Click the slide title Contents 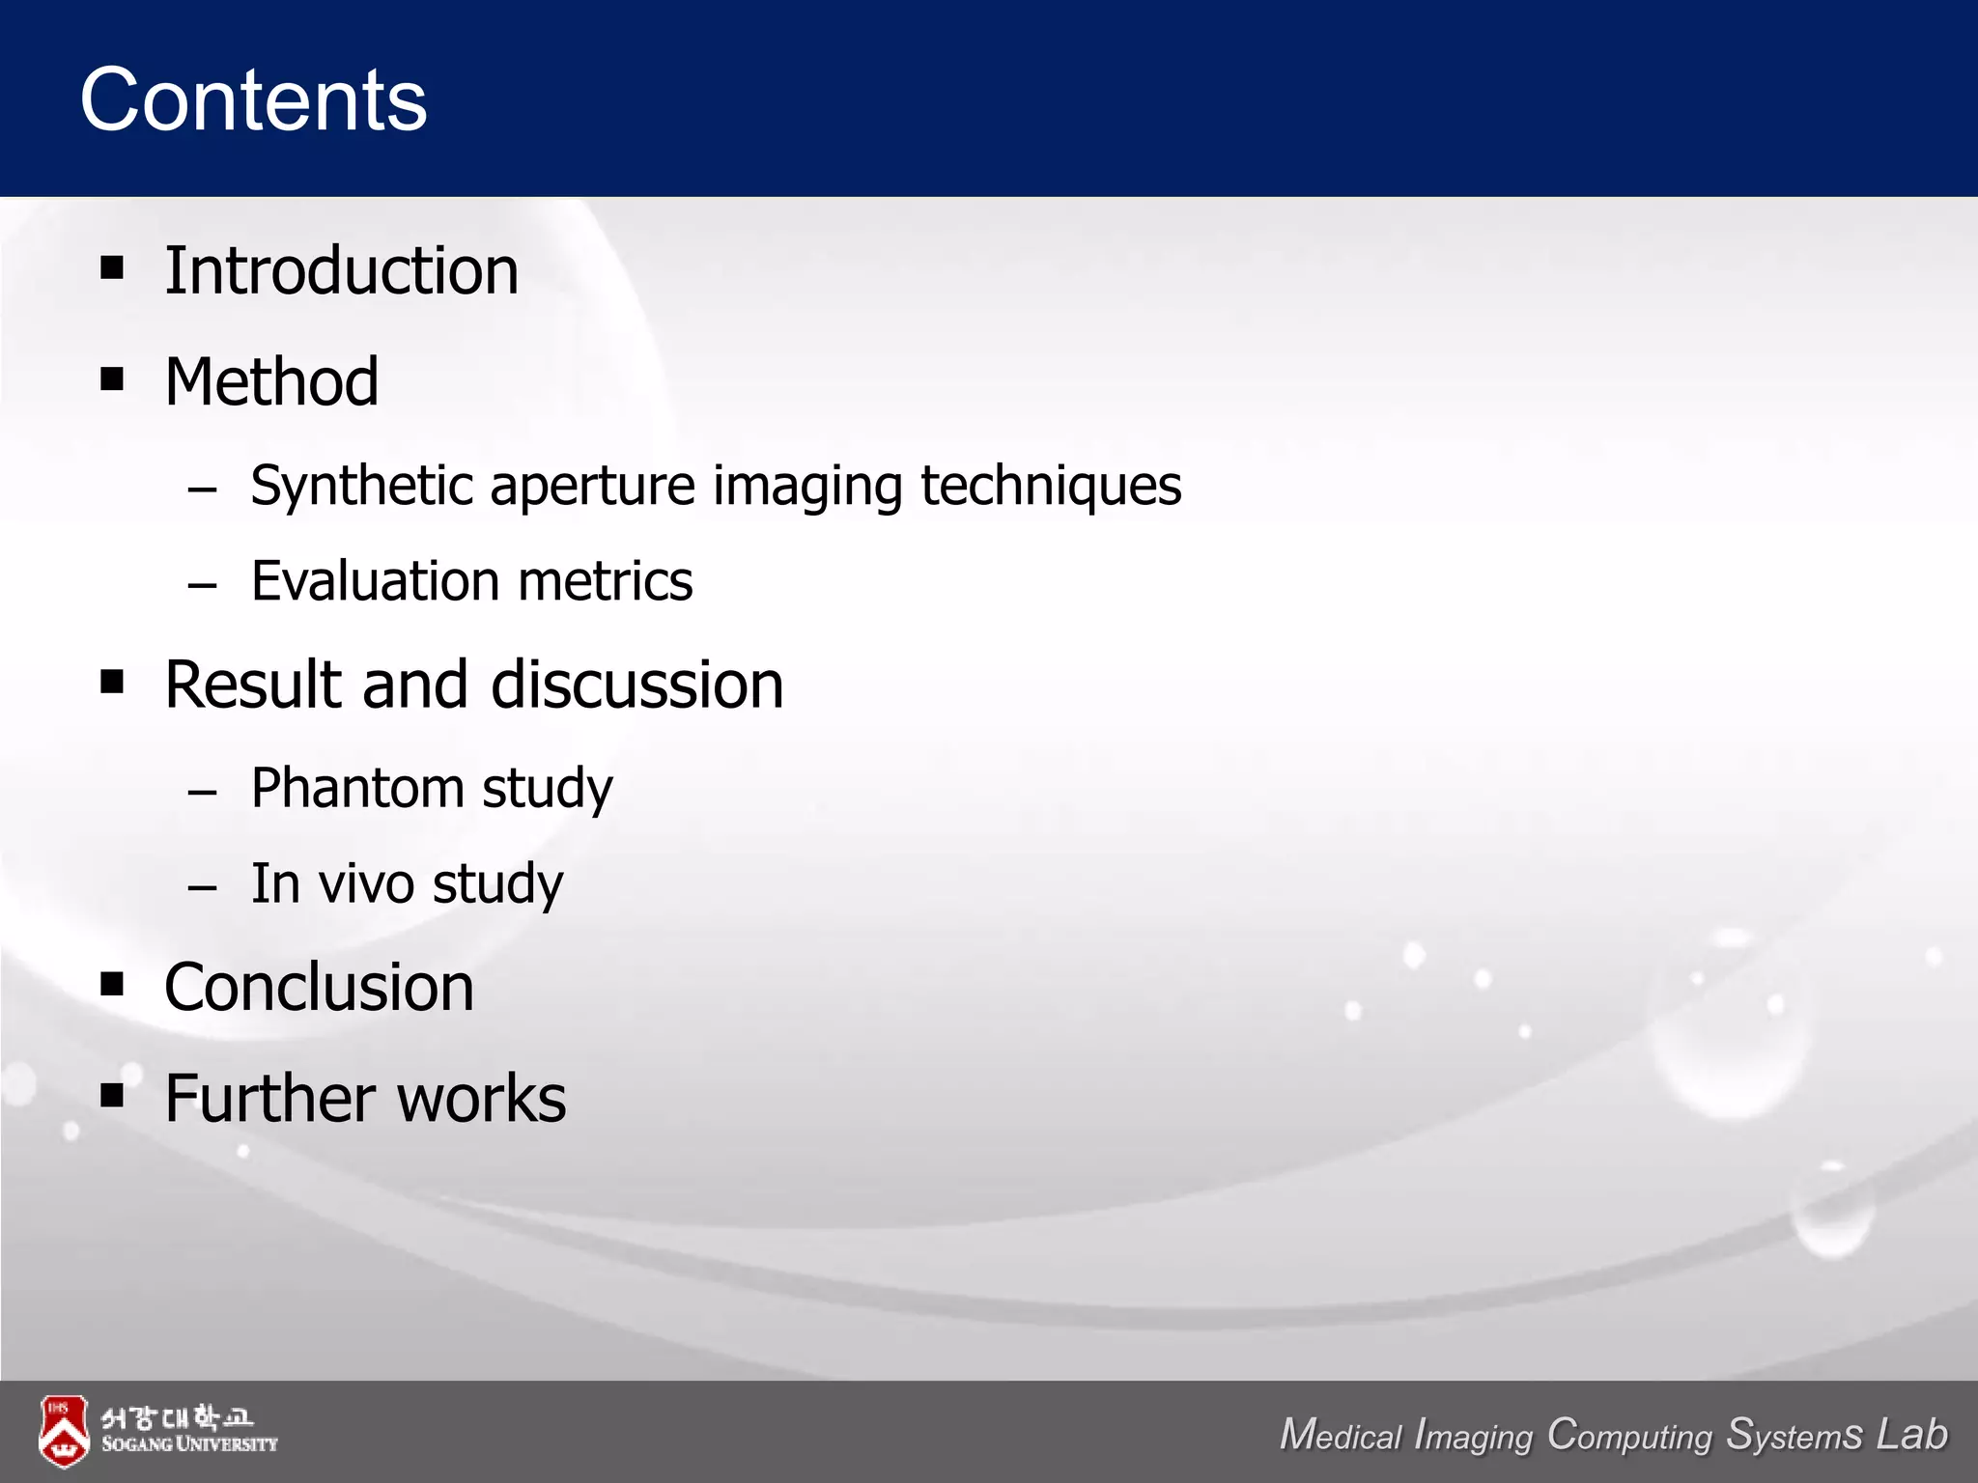[x=253, y=100]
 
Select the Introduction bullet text [x=341, y=270]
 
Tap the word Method [x=271, y=381]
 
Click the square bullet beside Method [x=112, y=378]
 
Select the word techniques [x=1050, y=487]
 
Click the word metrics [x=606, y=581]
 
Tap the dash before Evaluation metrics [x=203, y=585]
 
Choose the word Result [x=254, y=685]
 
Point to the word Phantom [x=357, y=788]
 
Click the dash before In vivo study [x=203, y=887]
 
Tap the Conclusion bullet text [x=320, y=988]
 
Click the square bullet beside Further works [x=112, y=1095]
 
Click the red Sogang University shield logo [x=64, y=1431]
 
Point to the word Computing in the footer [x=1629, y=1435]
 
